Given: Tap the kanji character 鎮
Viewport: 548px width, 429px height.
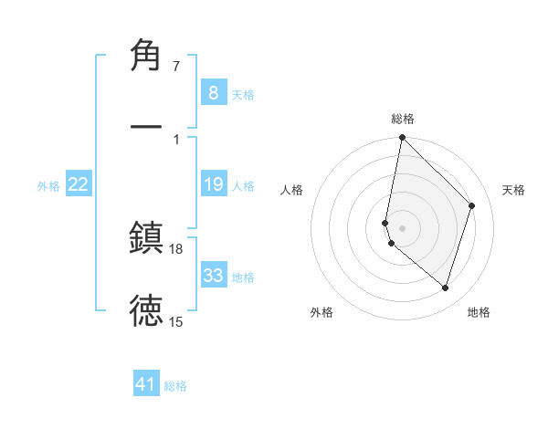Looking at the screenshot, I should (146, 236).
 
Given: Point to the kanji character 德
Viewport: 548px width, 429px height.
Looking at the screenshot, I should (146, 309).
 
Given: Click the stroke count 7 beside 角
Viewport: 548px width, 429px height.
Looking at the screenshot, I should (176, 67).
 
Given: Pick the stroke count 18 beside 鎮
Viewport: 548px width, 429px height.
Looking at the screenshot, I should (176, 248).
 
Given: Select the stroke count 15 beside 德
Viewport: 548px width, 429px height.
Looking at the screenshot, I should (176, 321).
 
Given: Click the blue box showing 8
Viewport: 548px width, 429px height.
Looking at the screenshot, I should (213, 92).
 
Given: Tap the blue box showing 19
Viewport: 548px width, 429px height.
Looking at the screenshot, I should (213, 184).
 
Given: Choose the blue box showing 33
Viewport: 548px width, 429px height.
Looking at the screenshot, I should (213, 275).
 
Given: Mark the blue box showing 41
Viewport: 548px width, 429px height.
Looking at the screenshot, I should (146, 384).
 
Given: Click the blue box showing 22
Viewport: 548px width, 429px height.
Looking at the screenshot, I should (78, 184).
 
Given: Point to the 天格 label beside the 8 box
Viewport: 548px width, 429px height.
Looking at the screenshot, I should (243, 94).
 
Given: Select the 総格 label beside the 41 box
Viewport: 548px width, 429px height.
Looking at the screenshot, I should (175, 386).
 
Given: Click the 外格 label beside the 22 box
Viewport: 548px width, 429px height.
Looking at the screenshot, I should (48, 186).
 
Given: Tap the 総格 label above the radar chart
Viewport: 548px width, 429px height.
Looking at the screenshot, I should (402, 119).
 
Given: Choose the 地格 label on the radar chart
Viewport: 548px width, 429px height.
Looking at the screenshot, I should (479, 312).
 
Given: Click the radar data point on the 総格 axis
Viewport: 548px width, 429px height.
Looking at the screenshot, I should (402, 138).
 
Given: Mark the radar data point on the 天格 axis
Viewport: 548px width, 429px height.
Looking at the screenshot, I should (472, 205).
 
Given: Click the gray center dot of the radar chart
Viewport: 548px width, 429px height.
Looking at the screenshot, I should (402, 227).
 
